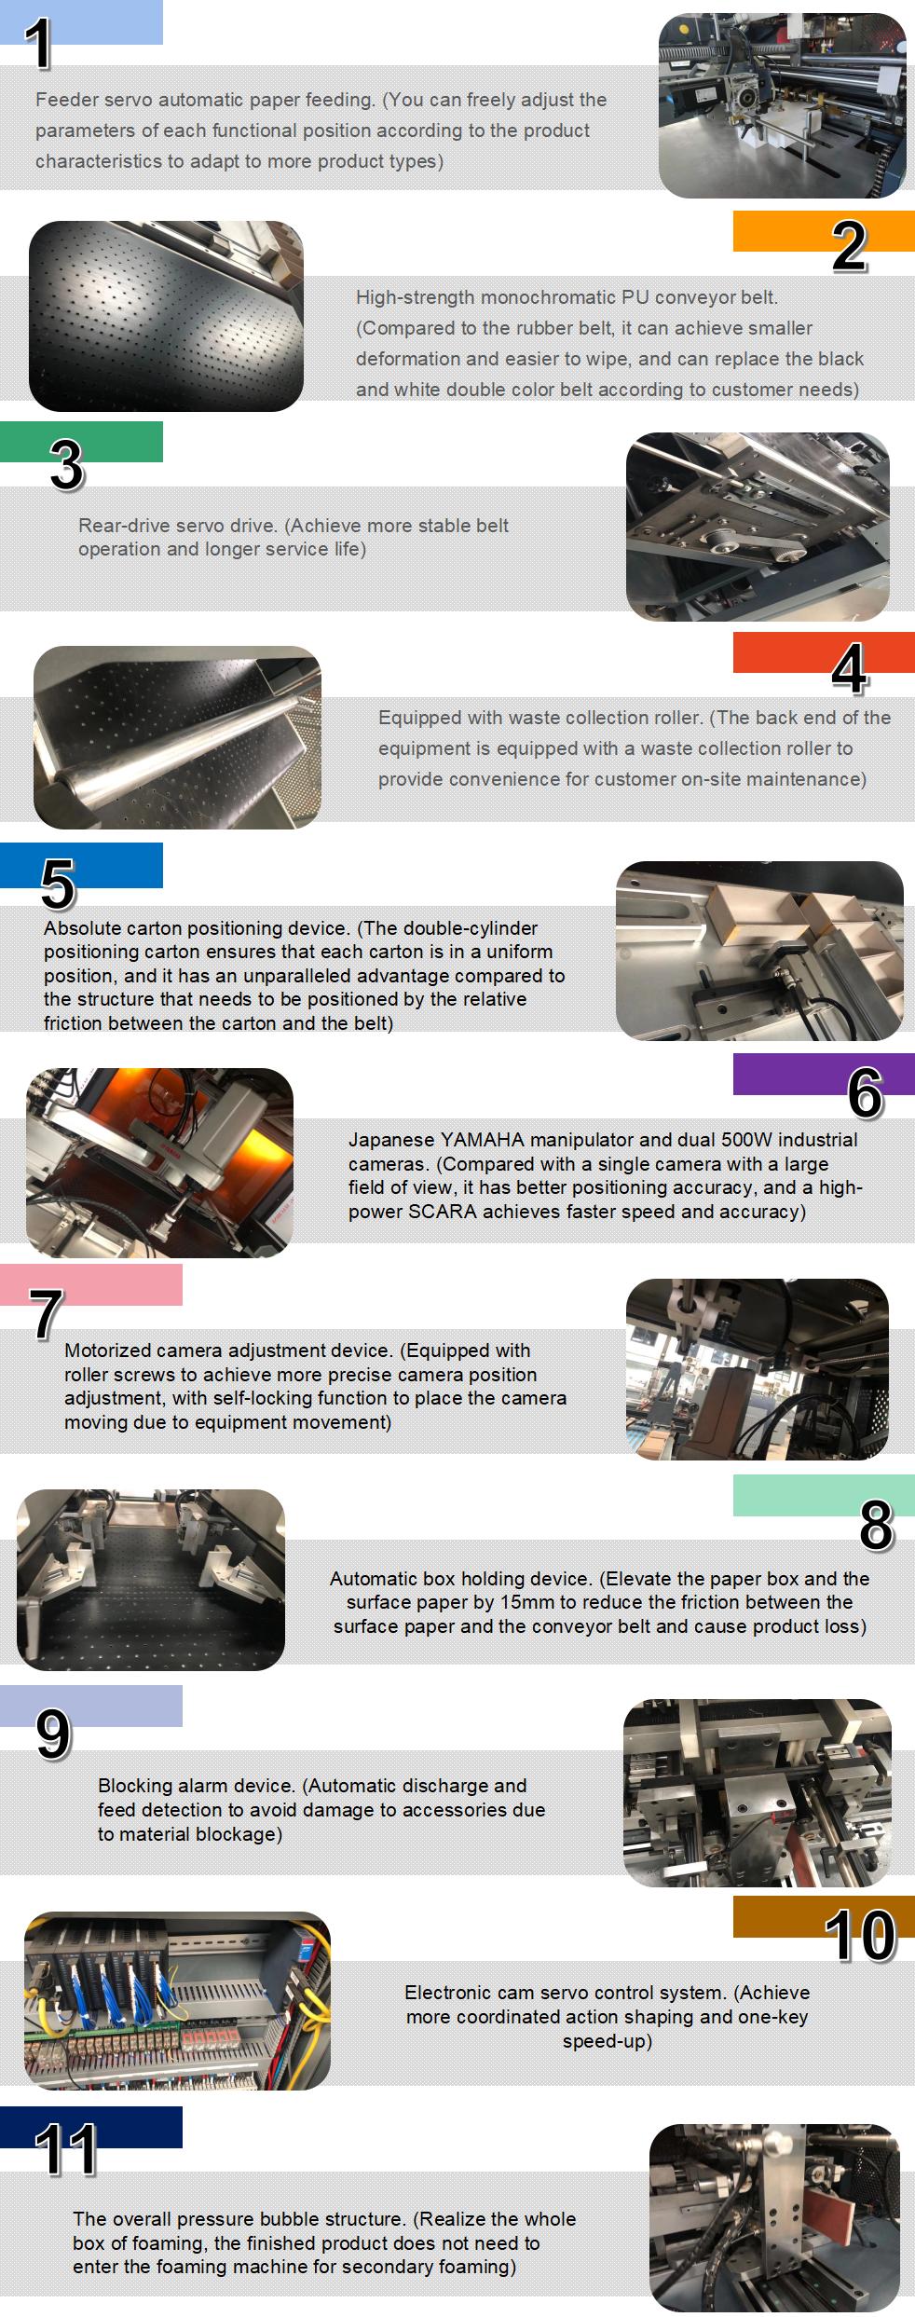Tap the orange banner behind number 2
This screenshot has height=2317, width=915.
(x=824, y=230)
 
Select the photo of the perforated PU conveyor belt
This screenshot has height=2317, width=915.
(x=166, y=316)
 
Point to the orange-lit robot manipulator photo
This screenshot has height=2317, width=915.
(x=159, y=1162)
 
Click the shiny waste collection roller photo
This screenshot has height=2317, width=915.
(x=177, y=736)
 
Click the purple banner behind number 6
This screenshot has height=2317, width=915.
(x=824, y=1074)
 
